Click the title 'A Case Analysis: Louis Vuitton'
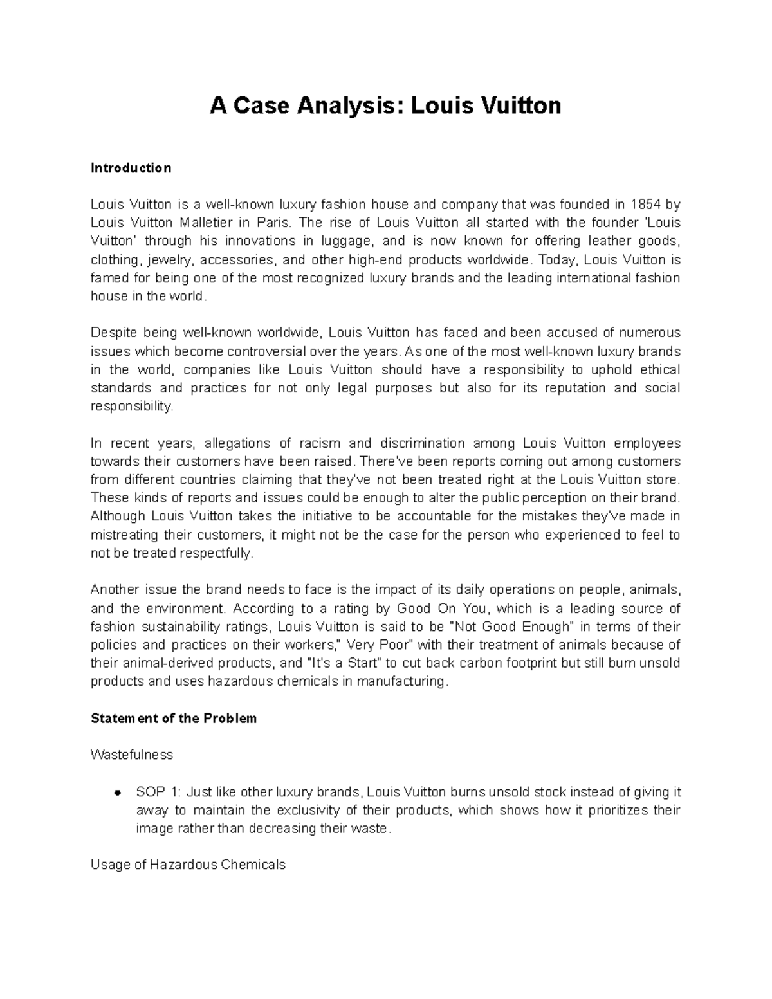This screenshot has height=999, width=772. [x=385, y=105]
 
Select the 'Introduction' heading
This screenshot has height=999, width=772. [x=131, y=168]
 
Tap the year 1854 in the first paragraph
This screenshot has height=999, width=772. [x=645, y=205]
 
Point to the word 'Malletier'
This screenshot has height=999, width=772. [x=205, y=223]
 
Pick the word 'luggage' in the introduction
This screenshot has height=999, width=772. [x=347, y=241]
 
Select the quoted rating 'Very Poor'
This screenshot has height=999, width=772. [x=380, y=645]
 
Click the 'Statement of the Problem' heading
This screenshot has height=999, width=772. [x=174, y=719]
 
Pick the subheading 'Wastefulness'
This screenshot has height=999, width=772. [x=132, y=755]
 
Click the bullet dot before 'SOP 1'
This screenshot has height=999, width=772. [x=118, y=793]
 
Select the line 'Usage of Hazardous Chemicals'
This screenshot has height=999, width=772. [x=188, y=865]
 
